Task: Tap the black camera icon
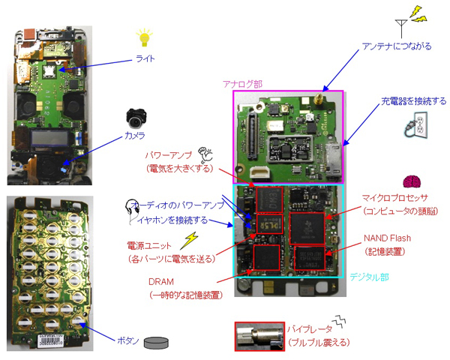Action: click(136, 115)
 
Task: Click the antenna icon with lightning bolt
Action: click(409, 25)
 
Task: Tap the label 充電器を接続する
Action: click(413, 100)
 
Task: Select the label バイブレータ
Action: click(310, 328)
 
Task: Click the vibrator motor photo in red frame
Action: click(259, 336)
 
